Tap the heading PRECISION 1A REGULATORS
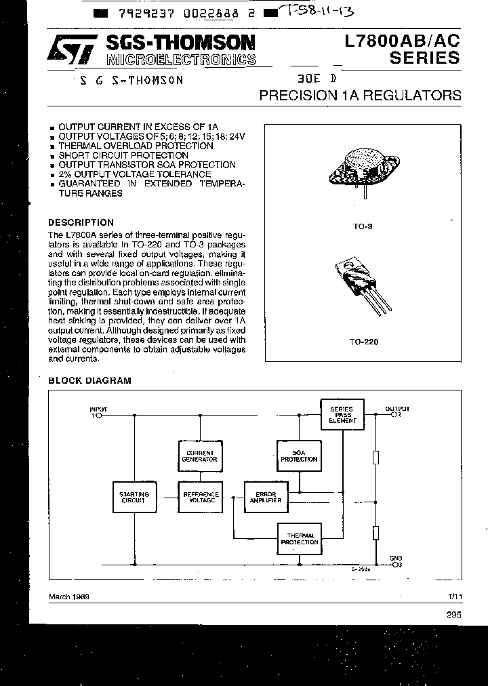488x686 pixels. click(x=360, y=96)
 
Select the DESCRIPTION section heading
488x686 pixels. click(x=81, y=222)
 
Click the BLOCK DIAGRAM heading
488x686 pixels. click(x=89, y=381)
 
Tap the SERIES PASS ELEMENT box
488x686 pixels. click(x=342, y=415)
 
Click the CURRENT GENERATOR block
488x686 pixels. click(x=200, y=456)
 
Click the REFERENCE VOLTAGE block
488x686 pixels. click(x=200, y=498)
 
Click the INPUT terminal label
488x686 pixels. click(x=98, y=409)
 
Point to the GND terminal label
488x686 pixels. click(x=395, y=559)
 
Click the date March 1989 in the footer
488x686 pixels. click(x=70, y=597)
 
